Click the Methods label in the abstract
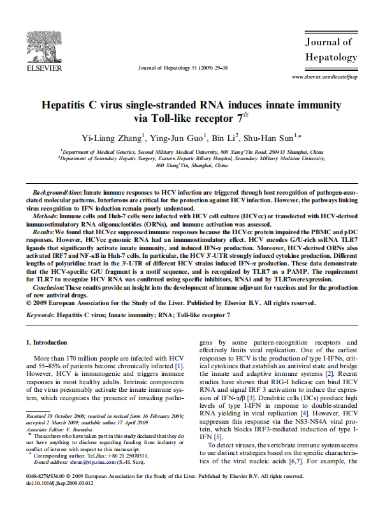47,217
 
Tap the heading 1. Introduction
52,343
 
